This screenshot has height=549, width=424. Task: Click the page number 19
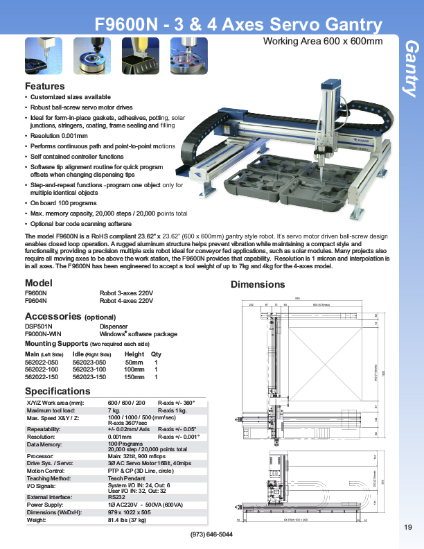407,528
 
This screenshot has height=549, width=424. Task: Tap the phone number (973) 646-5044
211,534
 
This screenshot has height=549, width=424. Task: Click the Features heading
45,87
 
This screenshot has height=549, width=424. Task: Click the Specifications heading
58,392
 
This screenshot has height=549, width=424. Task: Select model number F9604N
36,302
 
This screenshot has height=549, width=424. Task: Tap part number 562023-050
89,362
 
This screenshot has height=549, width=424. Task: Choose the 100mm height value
134,369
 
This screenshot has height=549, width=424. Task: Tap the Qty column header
156,354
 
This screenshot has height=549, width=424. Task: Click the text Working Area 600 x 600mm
323,42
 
